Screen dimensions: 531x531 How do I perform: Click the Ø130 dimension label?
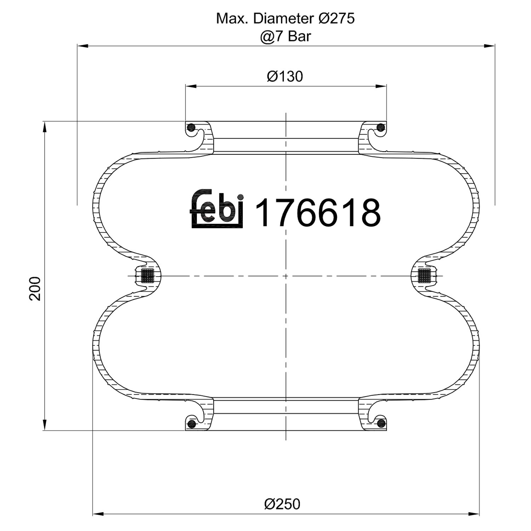tap(285, 76)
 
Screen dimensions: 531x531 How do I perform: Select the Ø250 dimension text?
tap(282, 504)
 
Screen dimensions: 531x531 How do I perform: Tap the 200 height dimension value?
tap(35, 289)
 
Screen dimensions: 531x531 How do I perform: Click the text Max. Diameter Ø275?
tap(285, 18)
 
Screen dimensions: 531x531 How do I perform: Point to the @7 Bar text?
tap(285, 36)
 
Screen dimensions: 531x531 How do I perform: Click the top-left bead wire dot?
tap(191, 127)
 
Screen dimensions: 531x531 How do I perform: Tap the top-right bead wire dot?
tap(381, 127)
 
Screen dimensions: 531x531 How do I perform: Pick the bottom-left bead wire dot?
tap(192, 424)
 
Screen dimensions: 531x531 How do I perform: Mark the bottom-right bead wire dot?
tap(381, 423)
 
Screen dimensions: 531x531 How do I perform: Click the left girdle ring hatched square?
tap(148, 275)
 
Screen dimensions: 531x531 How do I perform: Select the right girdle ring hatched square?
tap(424, 275)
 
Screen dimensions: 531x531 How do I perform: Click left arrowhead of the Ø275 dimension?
tap(82, 46)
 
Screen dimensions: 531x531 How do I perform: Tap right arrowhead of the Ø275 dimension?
tap(490, 46)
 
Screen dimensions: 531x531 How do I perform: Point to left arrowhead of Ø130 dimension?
tap(190, 86)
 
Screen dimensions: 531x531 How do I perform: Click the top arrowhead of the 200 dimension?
tap(45, 127)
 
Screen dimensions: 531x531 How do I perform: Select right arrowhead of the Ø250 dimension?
tap(474, 513)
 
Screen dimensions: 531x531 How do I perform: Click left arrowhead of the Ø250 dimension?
tap(98, 513)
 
